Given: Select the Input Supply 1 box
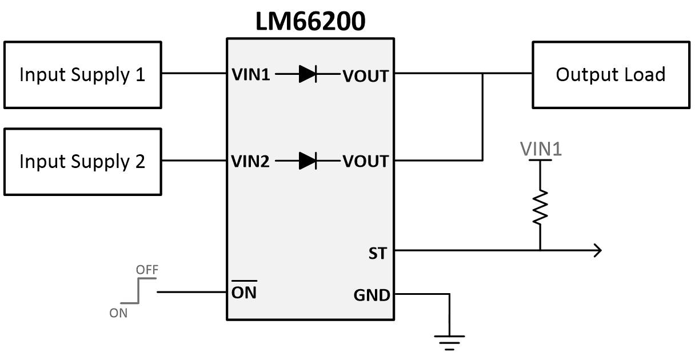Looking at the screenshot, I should (82, 74).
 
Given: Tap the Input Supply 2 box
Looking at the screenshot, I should (82, 162).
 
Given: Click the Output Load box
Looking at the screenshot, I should (610, 74).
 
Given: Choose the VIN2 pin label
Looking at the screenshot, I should (250, 162).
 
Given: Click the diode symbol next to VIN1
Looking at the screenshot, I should (308, 74).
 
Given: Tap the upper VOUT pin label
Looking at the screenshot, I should (365, 75).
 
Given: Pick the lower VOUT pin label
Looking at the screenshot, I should (365, 162).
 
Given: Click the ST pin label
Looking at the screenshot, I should (378, 252).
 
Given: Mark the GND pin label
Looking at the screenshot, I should (372, 295).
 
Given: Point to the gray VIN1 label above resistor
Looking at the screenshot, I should (541, 149).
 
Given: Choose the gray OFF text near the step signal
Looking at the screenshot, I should (147, 269).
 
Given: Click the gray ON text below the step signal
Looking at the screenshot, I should (119, 313).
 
